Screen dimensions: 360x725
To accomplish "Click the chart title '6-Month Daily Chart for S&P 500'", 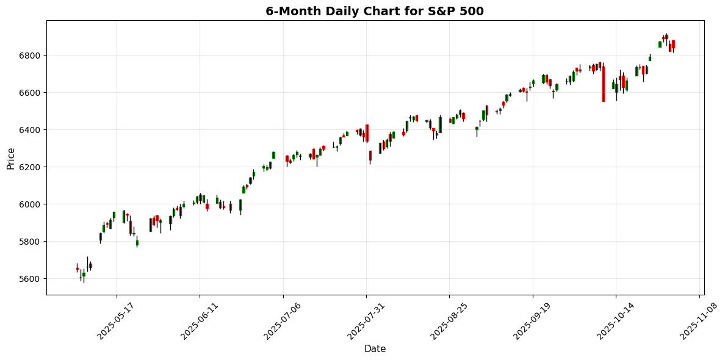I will [374, 11].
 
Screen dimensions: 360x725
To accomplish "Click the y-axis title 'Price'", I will [10, 157].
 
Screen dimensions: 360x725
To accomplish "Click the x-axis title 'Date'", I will [375, 349].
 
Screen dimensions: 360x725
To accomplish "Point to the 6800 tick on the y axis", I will [32, 56].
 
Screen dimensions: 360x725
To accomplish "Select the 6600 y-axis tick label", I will [32, 93].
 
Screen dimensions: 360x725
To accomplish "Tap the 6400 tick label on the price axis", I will [32, 130].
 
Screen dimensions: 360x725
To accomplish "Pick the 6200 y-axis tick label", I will [32, 167].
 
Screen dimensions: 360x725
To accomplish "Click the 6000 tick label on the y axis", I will [32, 204].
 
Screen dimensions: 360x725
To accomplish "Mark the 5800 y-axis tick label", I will [32, 242].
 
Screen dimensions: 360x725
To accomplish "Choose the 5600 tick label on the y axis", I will [32, 279].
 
